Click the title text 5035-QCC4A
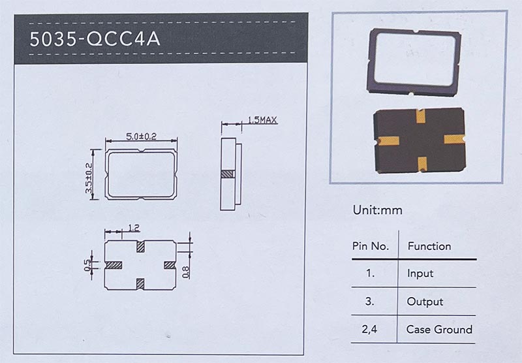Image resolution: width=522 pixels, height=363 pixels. tap(95, 39)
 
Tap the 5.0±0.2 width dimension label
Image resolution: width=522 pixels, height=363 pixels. tap(141, 136)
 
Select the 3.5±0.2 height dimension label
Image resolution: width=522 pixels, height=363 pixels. tap(89, 178)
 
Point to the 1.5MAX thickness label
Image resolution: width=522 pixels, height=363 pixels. tap(262, 120)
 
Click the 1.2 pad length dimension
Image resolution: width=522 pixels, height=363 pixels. tap(134, 228)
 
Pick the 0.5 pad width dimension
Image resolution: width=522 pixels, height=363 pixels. tap(87, 265)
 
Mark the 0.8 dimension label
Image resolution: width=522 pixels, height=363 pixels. tap(186, 272)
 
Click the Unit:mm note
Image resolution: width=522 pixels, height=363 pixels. tap(378, 210)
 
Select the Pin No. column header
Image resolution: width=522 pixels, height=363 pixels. tap(371, 246)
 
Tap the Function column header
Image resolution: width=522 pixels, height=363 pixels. tap(429, 246)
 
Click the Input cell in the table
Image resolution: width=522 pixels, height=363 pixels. tap(420, 274)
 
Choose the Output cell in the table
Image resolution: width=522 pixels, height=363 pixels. tap(425, 302)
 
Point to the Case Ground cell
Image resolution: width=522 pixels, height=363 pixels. tap(439, 329)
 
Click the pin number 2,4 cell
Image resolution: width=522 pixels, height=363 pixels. tap(369, 329)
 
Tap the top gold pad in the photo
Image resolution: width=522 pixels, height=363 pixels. tap(420, 116)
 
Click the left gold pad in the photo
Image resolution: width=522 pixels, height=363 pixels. tap(388, 141)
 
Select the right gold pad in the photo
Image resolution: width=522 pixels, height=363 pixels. tap(454, 139)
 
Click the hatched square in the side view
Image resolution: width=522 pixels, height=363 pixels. tap(228, 174)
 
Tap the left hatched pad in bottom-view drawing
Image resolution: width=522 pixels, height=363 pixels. tap(114, 265)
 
